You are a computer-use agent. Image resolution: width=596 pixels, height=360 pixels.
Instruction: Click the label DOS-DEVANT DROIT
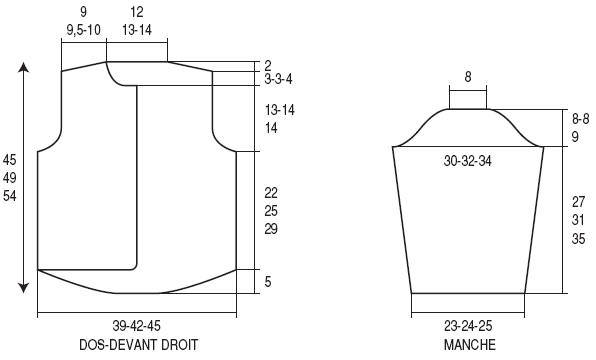[138, 345]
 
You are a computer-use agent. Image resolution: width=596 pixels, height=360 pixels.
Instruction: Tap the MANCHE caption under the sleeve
[469, 345]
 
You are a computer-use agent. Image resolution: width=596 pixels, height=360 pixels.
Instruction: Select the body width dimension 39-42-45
[136, 326]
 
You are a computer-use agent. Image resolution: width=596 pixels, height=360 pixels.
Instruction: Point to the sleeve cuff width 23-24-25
[468, 326]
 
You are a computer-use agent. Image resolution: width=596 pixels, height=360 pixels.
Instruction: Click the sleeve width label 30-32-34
[468, 161]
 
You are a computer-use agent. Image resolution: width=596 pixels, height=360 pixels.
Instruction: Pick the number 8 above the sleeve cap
[468, 77]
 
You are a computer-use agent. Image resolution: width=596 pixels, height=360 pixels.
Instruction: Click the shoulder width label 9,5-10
[83, 30]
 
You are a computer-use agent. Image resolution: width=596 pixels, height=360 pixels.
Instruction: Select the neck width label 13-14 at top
[137, 30]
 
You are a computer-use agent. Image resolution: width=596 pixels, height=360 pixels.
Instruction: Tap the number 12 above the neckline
[136, 12]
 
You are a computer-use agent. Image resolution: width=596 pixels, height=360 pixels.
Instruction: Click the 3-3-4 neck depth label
[279, 79]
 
